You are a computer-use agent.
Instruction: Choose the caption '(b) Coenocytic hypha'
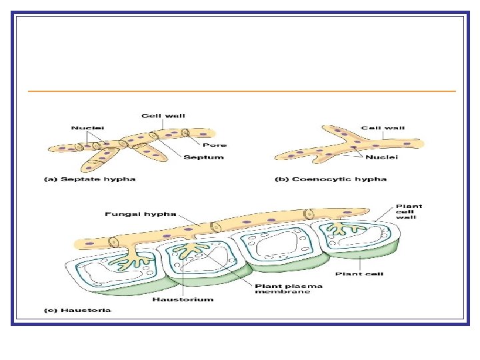[331, 179]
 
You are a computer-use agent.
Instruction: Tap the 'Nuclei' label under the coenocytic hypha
[382, 157]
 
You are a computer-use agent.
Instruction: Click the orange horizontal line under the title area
[240, 91]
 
